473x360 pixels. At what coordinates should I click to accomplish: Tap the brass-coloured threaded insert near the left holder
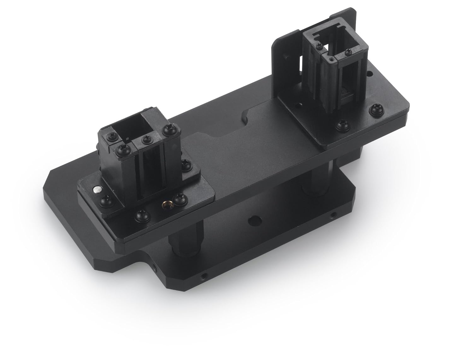pyautogui.click(x=164, y=204)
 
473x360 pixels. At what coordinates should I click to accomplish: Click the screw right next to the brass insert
pyautogui.click(x=180, y=198)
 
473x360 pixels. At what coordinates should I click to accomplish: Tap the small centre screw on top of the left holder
pyautogui.click(x=145, y=139)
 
